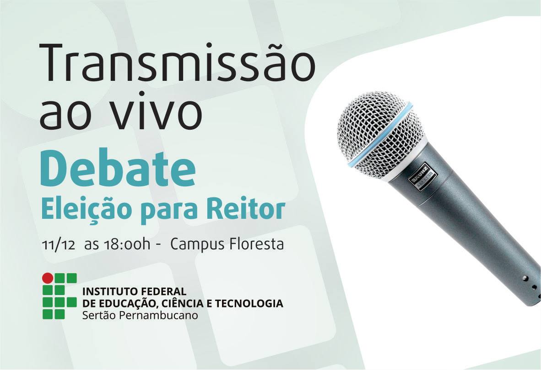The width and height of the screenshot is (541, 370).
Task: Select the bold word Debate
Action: click(x=118, y=168)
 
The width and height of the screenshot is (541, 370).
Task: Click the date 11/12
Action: click(x=58, y=245)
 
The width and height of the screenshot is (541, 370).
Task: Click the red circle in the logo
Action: click(x=48, y=278)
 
